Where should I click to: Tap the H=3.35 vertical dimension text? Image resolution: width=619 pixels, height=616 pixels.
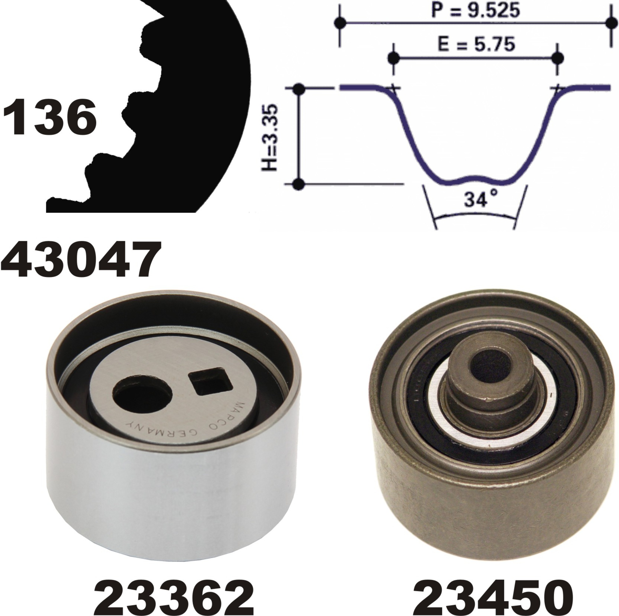tap(270, 137)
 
